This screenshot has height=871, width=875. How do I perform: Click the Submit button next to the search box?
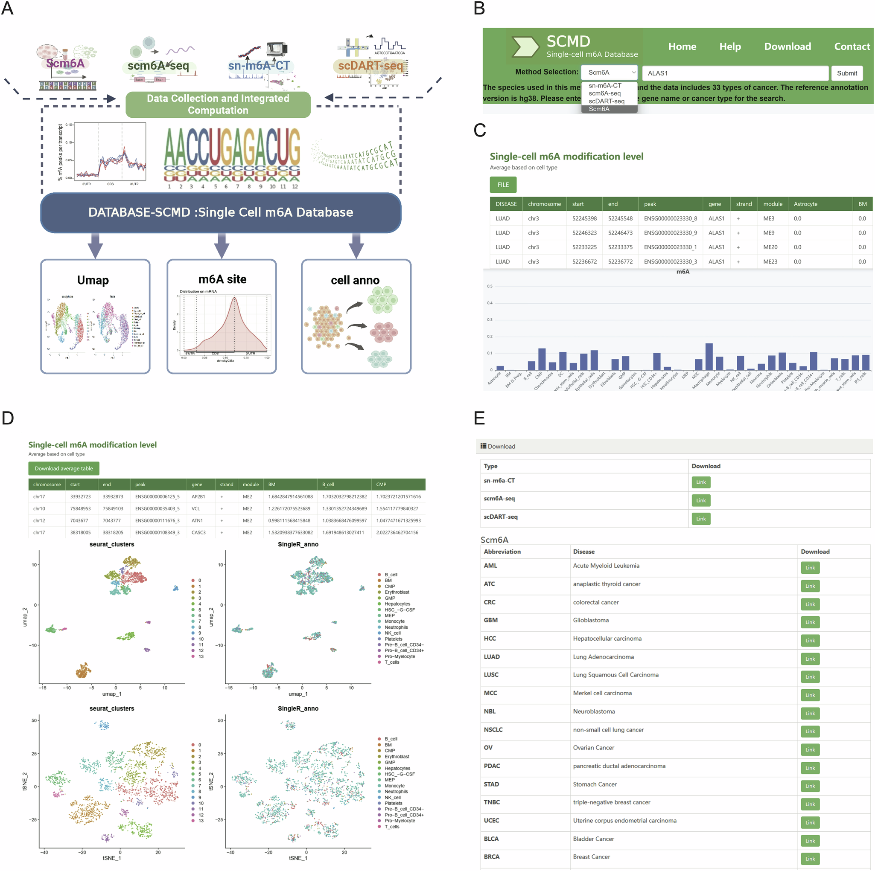pos(846,73)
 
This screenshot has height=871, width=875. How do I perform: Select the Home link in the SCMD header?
pos(682,46)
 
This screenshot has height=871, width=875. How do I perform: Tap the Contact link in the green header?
pos(852,46)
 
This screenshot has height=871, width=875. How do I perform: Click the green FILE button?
pos(503,185)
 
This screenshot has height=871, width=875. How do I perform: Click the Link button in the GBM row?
pos(810,622)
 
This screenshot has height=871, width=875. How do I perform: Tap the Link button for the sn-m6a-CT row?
pos(700,482)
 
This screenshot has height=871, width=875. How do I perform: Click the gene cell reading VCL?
pos(195,508)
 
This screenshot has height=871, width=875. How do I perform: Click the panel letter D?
pos(8,418)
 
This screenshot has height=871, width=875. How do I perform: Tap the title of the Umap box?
pos(93,280)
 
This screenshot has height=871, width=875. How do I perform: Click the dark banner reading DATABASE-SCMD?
pos(221,212)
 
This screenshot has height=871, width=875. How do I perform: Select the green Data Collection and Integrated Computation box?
pos(218,105)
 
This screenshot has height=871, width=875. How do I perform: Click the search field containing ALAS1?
pos(735,73)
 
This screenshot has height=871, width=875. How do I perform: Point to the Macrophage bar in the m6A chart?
pos(709,357)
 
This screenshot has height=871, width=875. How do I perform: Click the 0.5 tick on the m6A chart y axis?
pos(490,287)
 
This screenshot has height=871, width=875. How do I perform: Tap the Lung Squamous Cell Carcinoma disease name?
pos(615,674)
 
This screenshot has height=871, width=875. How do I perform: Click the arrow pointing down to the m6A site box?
pos(222,246)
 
